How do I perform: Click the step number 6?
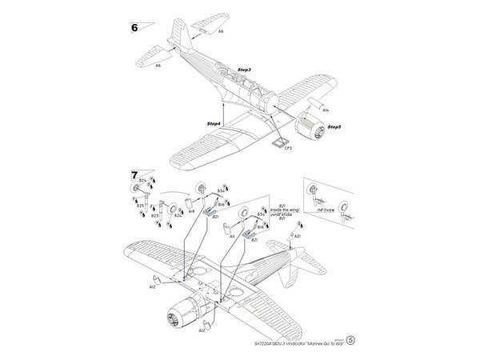click(x=134, y=26)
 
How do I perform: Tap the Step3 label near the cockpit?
click(x=244, y=71)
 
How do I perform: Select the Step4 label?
click(x=214, y=124)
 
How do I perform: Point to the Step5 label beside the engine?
click(x=334, y=128)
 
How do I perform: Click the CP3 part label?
click(x=288, y=149)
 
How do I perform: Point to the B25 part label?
click(x=140, y=206)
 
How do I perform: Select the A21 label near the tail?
click(x=297, y=238)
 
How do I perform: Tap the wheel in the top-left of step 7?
click(x=134, y=188)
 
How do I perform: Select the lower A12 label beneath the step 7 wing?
click(x=202, y=330)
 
